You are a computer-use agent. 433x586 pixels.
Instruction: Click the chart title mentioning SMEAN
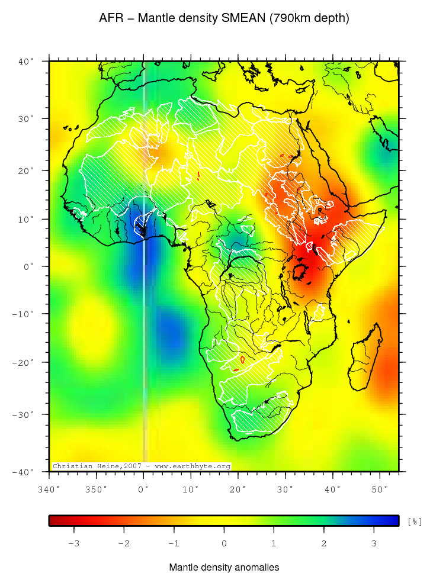coord(224,18)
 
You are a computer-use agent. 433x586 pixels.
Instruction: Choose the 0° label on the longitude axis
coord(143,489)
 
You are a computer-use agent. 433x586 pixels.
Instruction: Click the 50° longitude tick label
coord(379,489)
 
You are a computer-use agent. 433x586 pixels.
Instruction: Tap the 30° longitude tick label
coord(285,489)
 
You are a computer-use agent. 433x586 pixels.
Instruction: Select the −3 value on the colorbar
coord(73,543)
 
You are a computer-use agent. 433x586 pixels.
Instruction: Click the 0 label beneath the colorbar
coord(224,543)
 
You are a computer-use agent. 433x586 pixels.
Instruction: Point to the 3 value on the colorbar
coord(374,543)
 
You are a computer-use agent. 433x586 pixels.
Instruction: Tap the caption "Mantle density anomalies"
coord(224,568)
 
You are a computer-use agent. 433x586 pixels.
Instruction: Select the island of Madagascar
coord(363,361)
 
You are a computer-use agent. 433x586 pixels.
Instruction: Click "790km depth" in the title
coord(309,18)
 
